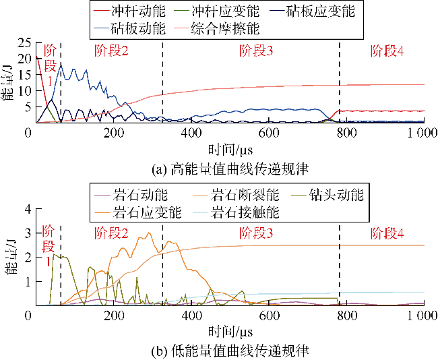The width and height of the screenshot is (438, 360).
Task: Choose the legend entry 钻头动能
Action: tap(337, 196)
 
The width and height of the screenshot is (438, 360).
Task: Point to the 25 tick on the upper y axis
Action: tap(17, 42)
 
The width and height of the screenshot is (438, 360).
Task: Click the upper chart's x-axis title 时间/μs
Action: tap(226, 146)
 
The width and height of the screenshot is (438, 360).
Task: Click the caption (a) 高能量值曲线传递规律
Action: tap(226, 164)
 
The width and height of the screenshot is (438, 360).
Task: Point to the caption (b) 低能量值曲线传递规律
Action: tap(226, 351)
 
